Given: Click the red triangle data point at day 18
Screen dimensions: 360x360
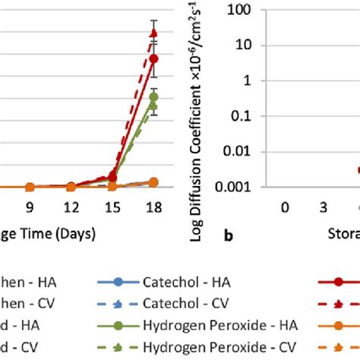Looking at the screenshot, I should click(x=153, y=33).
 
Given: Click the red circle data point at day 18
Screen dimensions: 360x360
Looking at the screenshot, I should click(x=153, y=58).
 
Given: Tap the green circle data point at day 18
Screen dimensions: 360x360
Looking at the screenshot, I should click(x=153, y=97).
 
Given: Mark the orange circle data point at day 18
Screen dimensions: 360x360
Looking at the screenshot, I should click(x=153, y=182).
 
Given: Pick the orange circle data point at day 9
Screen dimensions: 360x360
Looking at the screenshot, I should click(x=30, y=186).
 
